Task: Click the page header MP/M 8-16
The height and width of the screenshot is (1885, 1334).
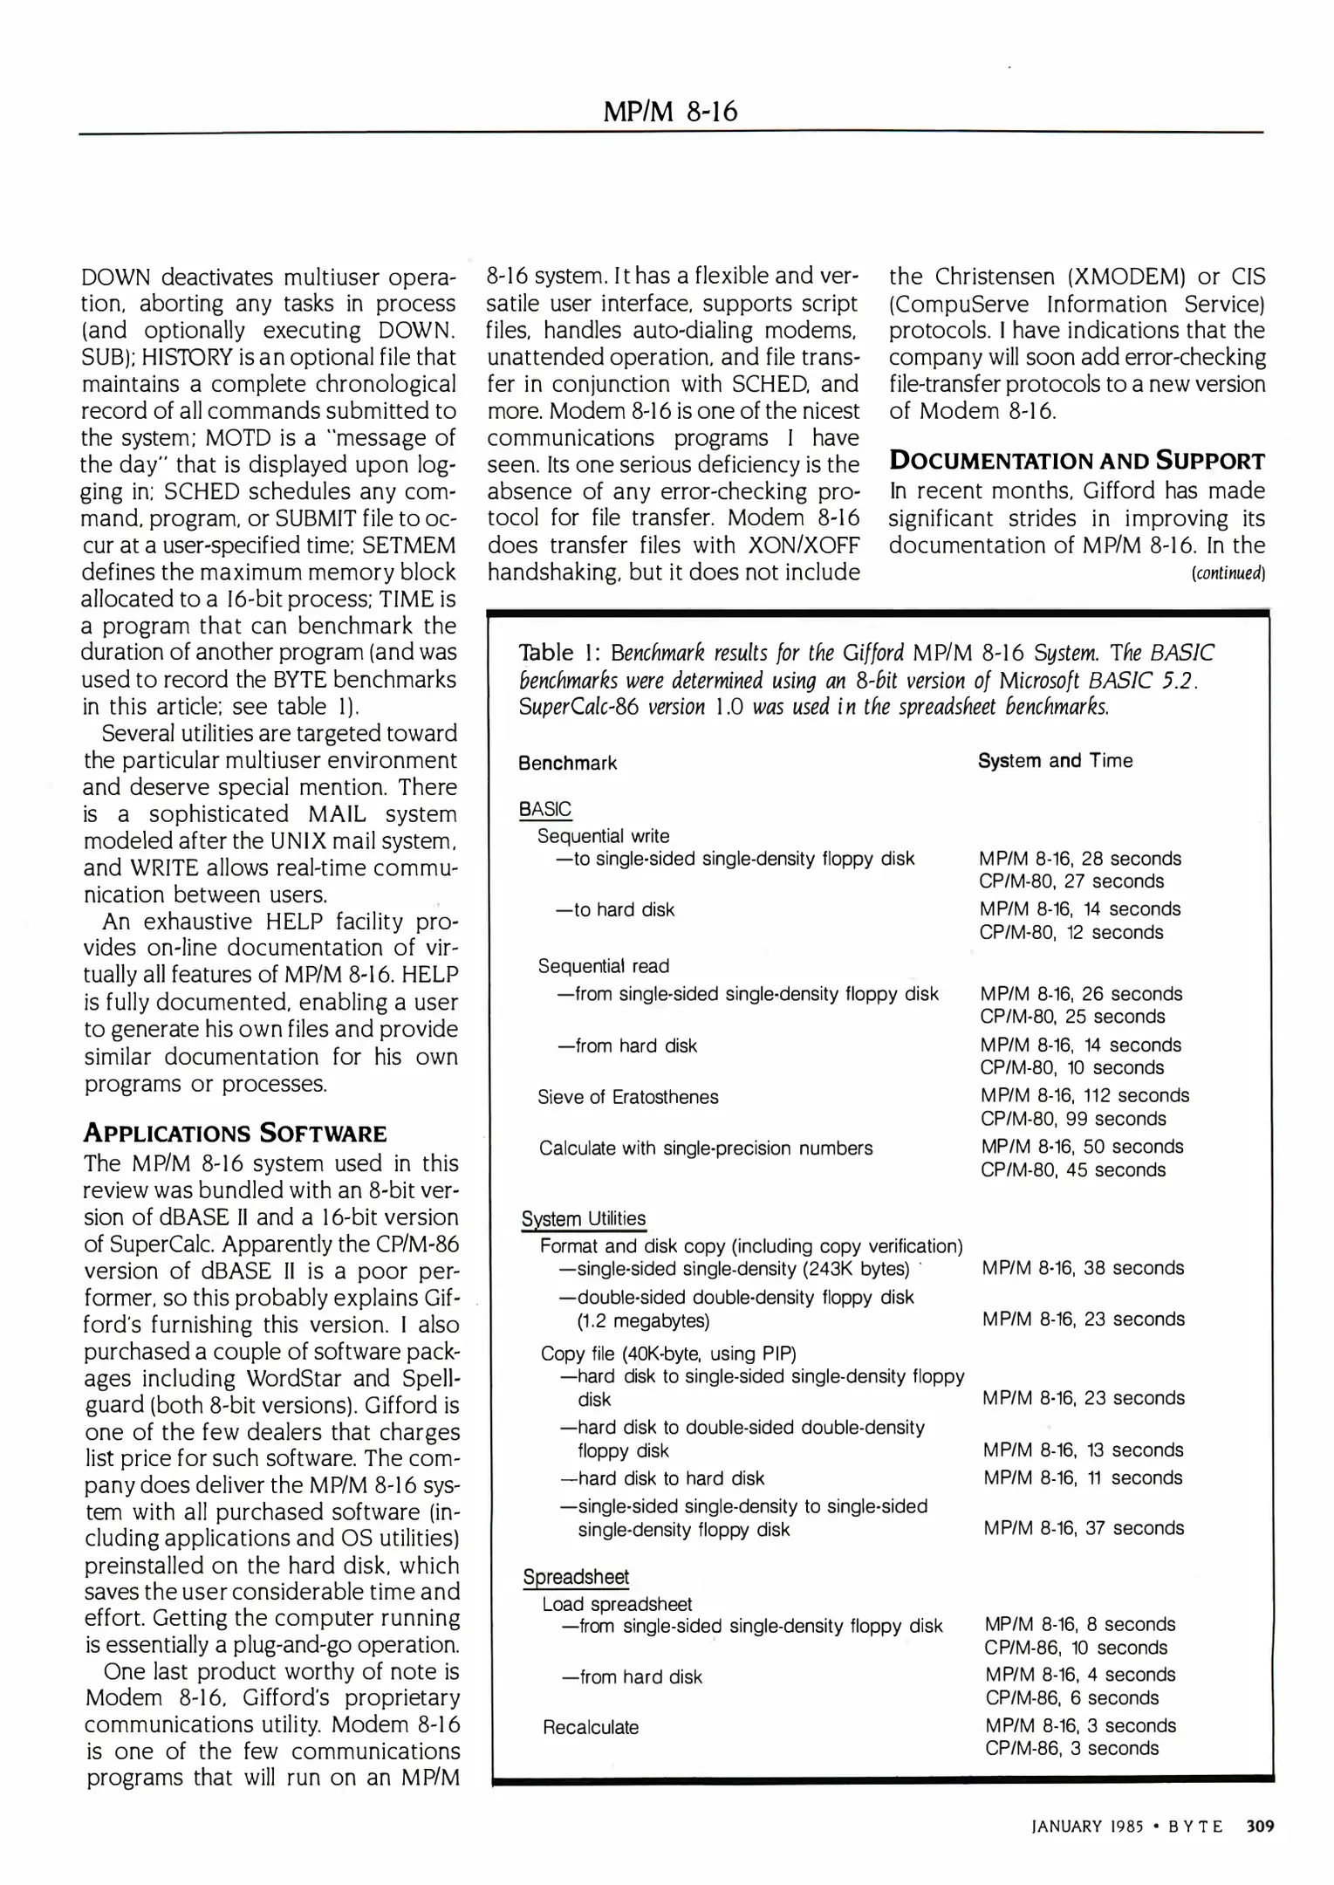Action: tap(670, 112)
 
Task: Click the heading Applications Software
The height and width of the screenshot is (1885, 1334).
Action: tap(234, 1134)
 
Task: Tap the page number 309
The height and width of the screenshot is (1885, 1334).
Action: tap(1260, 1827)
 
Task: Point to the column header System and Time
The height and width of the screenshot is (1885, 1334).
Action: tap(1055, 760)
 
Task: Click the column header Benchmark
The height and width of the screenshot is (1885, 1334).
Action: tap(567, 763)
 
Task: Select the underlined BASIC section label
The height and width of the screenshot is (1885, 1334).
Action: tap(544, 809)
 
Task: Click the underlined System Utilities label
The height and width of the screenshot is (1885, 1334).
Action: tap(583, 1218)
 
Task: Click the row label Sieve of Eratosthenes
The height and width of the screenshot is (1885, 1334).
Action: tap(627, 1097)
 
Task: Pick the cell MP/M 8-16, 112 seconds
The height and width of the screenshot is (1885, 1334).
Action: tap(1084, 1095)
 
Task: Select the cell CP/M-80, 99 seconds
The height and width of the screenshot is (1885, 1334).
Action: tap(1073, 1119)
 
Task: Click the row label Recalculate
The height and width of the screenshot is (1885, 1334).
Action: tap(591, 1727)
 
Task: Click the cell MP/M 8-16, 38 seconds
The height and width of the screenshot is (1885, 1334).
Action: tap(1083, 1268)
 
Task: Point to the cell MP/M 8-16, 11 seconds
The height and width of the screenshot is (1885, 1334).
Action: tap(1083, 1477)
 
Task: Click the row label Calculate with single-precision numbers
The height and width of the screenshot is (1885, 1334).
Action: tap(705, 1148)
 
